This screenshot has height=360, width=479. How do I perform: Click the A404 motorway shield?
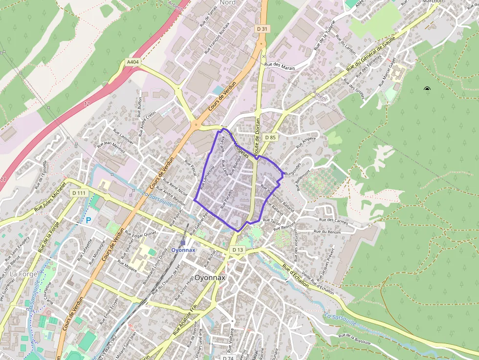tap(132, 63)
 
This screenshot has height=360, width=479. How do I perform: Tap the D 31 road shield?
tap(262, 29)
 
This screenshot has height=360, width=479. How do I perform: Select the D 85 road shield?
tap(270, 138)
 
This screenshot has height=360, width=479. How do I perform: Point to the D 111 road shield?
tap(79, 193)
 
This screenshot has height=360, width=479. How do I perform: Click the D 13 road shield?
tap(238, 250)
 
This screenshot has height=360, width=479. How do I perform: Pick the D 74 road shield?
tap(228, 358)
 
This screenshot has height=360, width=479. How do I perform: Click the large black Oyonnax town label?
tap(210, 277)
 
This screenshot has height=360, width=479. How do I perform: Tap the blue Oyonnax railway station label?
tap(184, 250)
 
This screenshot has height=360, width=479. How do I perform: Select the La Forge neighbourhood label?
tap(23, 274)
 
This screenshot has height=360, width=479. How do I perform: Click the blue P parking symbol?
tap(88, 220)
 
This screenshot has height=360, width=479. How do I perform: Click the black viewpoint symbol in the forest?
tap(427, 89)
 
